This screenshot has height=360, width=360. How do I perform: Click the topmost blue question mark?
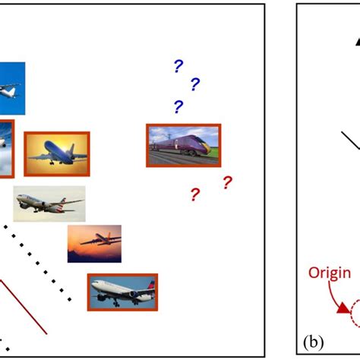click(178, 67)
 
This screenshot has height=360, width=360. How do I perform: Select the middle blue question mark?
click(194, 84)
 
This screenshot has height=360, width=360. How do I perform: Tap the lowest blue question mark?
click(178, 106)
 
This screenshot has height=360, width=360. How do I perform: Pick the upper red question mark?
click(226, 182)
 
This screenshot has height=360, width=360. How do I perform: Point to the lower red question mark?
click(194, 195)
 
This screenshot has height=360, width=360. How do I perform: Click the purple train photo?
click(183, 145)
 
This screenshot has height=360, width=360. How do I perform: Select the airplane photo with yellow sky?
click(57, 153)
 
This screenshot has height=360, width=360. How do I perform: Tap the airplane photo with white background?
click(49, 203)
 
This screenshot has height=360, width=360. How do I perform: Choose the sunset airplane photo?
click(94, 243)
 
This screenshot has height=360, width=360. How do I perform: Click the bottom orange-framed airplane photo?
click(122, 292)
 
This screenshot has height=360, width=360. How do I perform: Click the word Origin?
click(329, 273)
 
